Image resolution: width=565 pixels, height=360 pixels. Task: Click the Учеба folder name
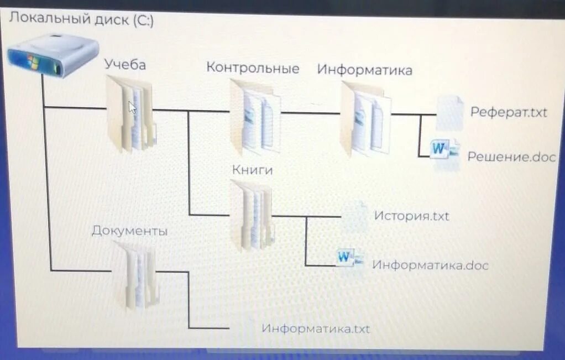tap(125, 65)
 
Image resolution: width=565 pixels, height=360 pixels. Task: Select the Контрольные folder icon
tap(255, 117)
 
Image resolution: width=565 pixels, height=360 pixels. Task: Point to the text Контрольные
tap(253, 68)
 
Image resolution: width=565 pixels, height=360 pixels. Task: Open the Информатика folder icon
tap(365, 118)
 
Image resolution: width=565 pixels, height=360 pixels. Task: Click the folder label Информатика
tap(365, 70)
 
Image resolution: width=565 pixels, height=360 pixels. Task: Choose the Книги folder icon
tap(252, 215)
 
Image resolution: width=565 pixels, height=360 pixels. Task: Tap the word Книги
tap(253, 170)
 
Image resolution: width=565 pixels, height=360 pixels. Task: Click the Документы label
tap(130, 231)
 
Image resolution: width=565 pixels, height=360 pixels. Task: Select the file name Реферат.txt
tap(509, 112)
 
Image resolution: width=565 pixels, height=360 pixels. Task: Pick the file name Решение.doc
tap(511, 156)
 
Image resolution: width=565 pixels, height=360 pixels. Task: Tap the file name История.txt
tap(412, 216)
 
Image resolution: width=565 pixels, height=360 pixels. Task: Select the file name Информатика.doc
tap(430, 265)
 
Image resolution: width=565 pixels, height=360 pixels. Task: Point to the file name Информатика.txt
tap(316, 328)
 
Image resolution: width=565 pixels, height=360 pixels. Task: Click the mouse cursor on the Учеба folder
tap(132, 107)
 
